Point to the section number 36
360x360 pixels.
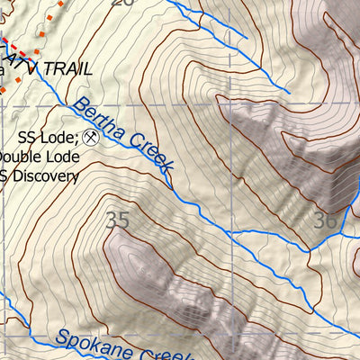[x=326, y=219]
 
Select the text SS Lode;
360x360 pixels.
[x=47, y=138]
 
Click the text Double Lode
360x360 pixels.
[x=38, y=157]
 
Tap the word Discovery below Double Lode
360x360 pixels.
[x=43, y=175]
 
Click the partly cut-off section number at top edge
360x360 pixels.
[x=121, y=3]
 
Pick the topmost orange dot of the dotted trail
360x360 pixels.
[x=61, y=3]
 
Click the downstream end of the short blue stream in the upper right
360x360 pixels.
[x=289, y=92]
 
